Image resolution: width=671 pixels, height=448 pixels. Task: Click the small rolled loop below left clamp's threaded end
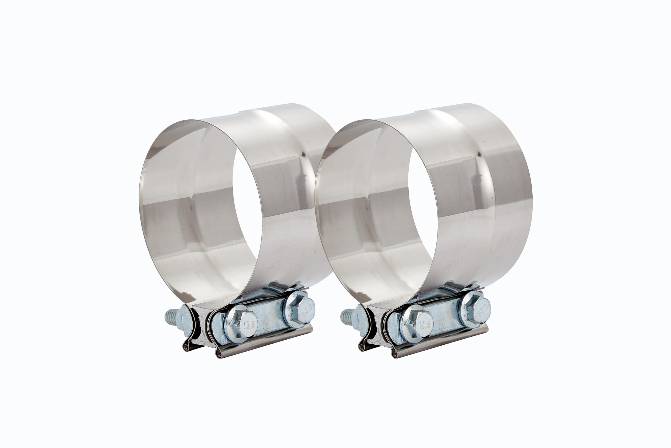(x=187, y=347)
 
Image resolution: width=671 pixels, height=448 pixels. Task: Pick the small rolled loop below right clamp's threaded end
(x=362, y=347)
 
